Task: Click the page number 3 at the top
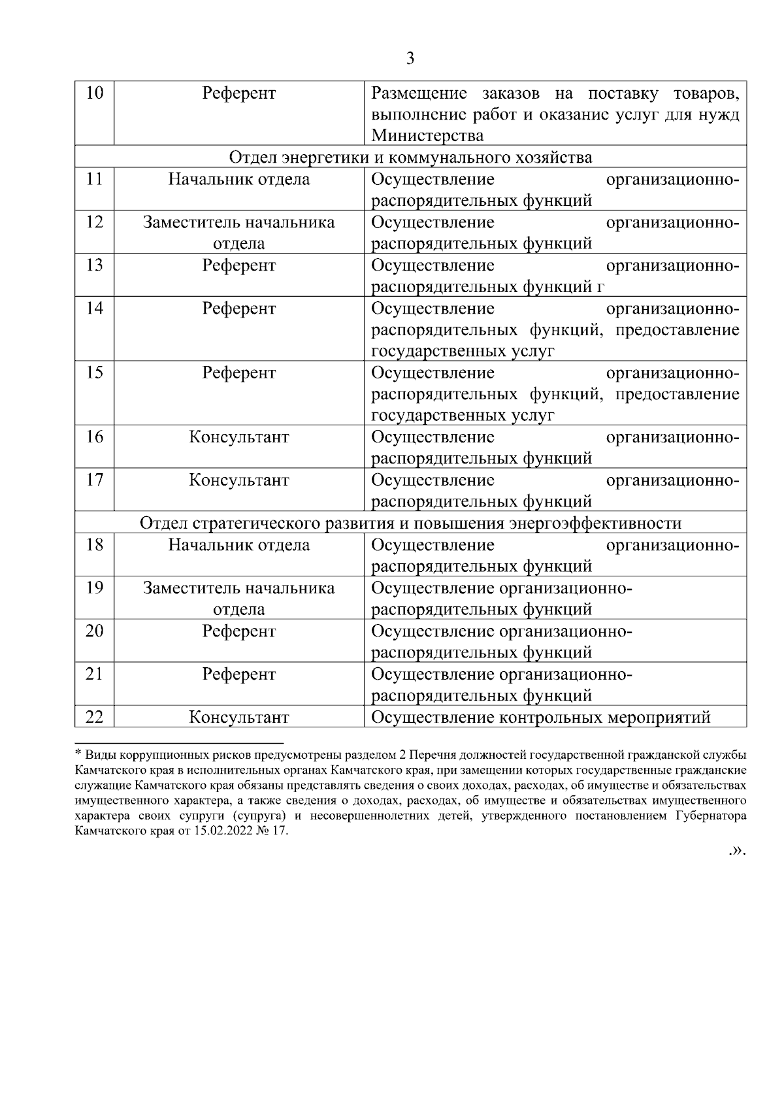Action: (410, 59)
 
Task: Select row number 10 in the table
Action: (95, 93)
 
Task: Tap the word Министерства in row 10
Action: (427, 136)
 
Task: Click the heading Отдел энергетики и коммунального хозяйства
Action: (410, 157)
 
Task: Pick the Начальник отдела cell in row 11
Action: (239, 179)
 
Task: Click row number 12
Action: (95, 222)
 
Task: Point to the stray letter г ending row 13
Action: (601, 288)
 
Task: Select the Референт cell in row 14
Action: (239, 308)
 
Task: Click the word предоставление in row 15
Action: (678, 394)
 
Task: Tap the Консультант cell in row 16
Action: (239, 437)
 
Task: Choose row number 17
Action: (95, 480)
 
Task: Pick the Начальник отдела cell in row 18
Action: (239, 544)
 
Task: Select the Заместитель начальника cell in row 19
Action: (239, 588)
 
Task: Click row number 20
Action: (95, 631)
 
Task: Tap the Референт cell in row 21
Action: (239, 674)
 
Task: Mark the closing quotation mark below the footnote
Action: (738, 852)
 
